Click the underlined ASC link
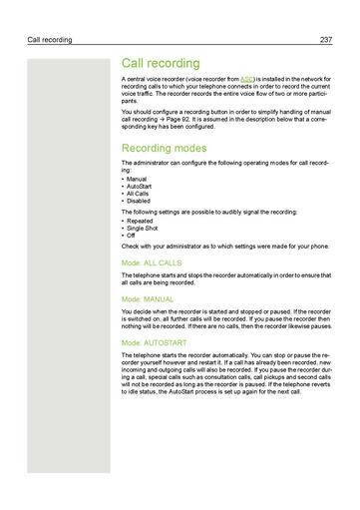pos(247,78)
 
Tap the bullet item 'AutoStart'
pos(141,186)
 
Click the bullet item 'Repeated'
pos(141,221)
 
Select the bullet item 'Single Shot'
pos(144,228)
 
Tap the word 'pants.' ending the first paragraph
pos(131,102)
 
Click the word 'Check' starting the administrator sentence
pos(131,247)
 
